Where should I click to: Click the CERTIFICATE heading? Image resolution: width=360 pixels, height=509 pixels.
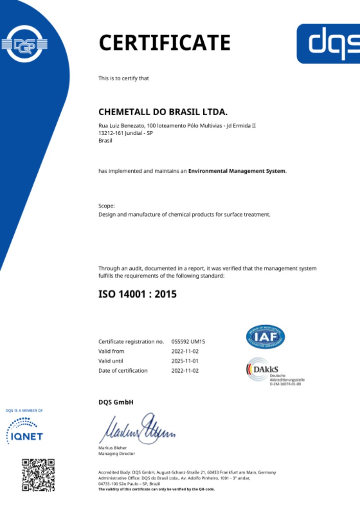(164, 43)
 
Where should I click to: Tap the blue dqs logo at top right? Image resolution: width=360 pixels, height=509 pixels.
(328, 43)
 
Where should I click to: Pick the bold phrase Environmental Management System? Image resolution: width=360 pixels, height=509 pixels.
(237, 171)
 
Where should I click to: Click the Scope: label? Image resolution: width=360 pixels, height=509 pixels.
(107, 206)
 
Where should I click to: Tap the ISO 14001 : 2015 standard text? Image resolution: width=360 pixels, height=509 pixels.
(137, 295)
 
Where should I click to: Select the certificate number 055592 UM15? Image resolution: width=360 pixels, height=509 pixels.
(188, 342)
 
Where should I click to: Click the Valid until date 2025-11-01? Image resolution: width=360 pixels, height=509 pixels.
(185, 361)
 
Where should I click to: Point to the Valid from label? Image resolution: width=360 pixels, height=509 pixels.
(111, 352)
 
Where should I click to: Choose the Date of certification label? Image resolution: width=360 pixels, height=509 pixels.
(123, 371)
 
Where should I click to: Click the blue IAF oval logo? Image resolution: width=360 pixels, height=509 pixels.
(265, 337)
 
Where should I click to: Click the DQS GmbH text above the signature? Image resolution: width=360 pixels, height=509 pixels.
(116, 402)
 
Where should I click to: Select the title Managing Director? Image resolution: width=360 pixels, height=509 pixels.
(117, 454)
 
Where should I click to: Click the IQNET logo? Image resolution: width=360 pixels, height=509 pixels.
(25, 430)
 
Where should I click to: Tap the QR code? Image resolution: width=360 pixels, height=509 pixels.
(38, 475)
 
